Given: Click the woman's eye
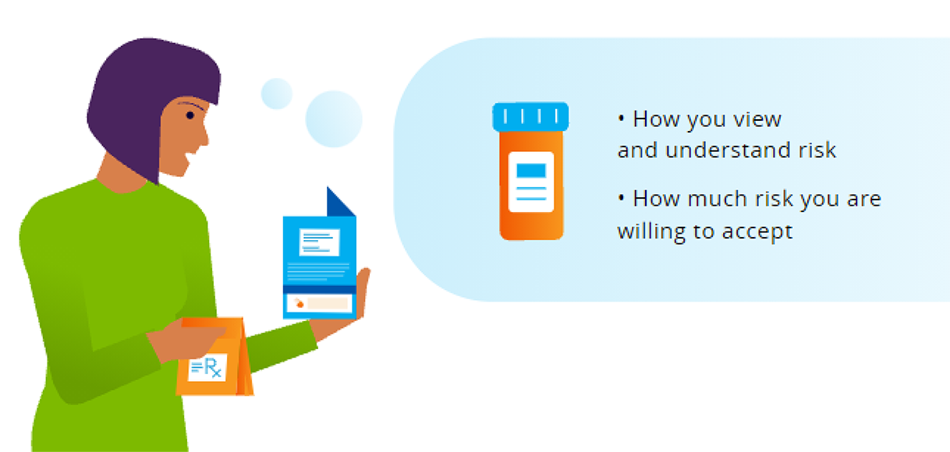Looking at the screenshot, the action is pyautogui.click(x=190, y=115).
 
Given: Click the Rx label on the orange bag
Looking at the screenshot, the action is pyautogui.click(x=207, y=367).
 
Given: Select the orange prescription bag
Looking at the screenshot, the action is pyautogui.click(x=214, y=357).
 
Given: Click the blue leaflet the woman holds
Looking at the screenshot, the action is pyautogui.click(x=320, y=263).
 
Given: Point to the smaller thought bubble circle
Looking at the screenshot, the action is pyautogui.click(x=277, y=94).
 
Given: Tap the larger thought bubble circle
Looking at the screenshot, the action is pyautogui.click(x=334, y=119).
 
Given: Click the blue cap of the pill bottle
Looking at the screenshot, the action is pyautogui.click(x=530, y=116).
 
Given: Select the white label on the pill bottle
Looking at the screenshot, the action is pyautogui.click(x=531, y=182).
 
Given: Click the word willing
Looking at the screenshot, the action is pyautogui.click(x=651, y=231).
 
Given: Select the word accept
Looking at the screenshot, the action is pyautogui.click(x=757, y=232).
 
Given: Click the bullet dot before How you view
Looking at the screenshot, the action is pyautogui.click(x=622, y=118).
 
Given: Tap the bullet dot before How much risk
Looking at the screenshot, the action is pyautogui.click(x=622, y=197).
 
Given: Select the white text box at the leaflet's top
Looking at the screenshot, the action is pyautogui.click(x=319, y=242).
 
